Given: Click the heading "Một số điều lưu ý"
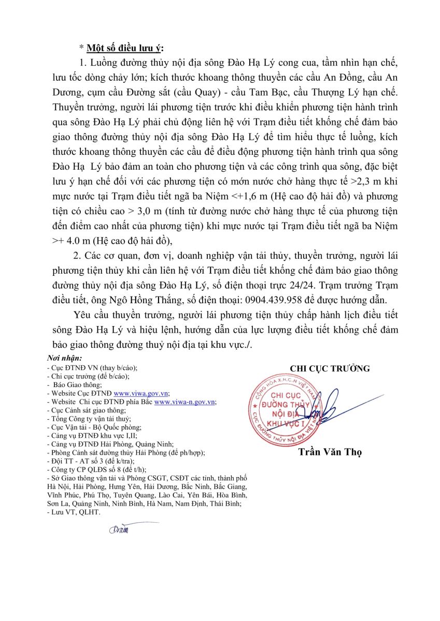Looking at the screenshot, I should [124, 49].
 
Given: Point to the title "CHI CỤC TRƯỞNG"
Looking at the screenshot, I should [330, 368].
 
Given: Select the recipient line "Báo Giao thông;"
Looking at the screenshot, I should [77, 385].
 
